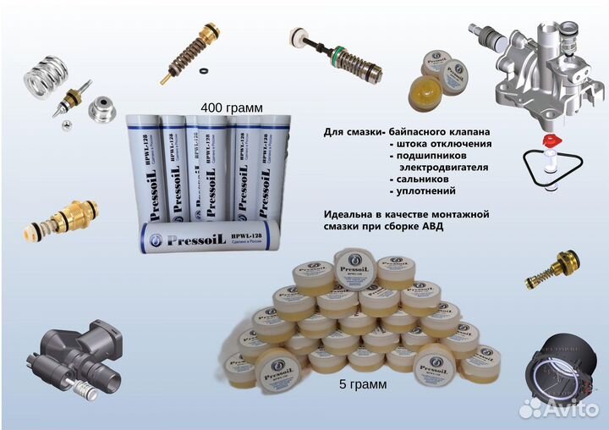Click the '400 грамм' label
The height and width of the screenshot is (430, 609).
click(231, 108)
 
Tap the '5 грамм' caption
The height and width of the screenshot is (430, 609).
click(362, 384)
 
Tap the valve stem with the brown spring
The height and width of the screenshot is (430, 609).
click(203, 47)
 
